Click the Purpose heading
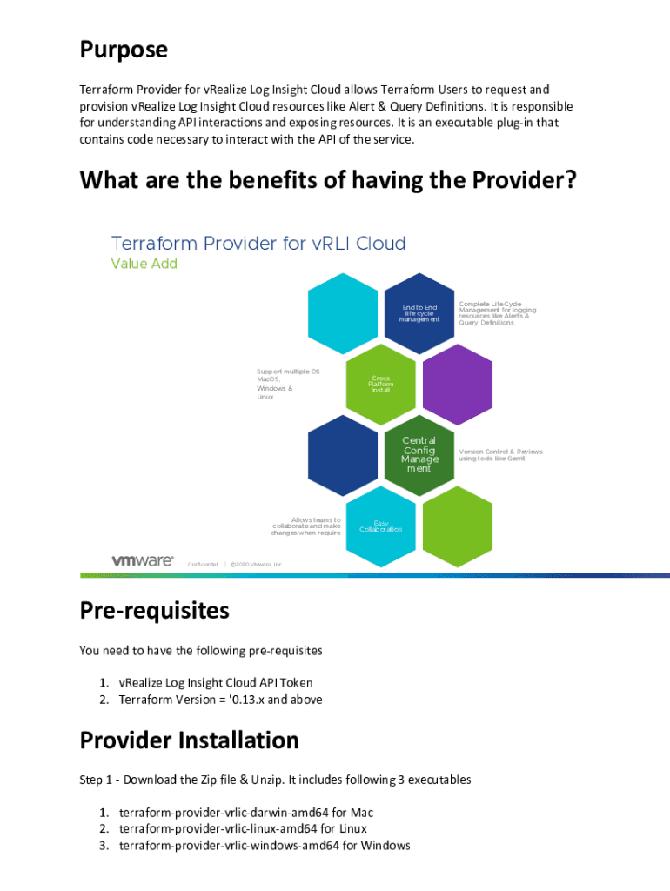pyautogui.click(x=124, y=50)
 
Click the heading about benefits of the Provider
pyautogui.click(x=329, y=181)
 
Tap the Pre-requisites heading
pyautogui.click(x=155, y=610)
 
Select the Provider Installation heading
pyautogui.click(x=190, y=740)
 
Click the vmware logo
pyautogui.click(x=143, y=561)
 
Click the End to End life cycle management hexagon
pyautogui.click(x=419, y=313)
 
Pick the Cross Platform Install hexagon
pyautogui.click(x=380, y=385)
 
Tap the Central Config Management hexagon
pyautogui.click(x=419, y=455)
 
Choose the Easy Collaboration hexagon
pyautogui.click(x=380, y=526)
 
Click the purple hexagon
pyautogui.click(x=458, y=385)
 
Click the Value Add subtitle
pyautogui.click(x=144, y=264)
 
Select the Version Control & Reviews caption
pyautogui.click(x=500, y=455)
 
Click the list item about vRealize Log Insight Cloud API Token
pyautogui.click(x=216, y=683)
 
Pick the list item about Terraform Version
pyautogui.click(x=220, y=700)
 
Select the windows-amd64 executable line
pyautogui.click(x=265, y=846)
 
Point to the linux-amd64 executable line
pyautogui.click(x=243, y=829)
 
